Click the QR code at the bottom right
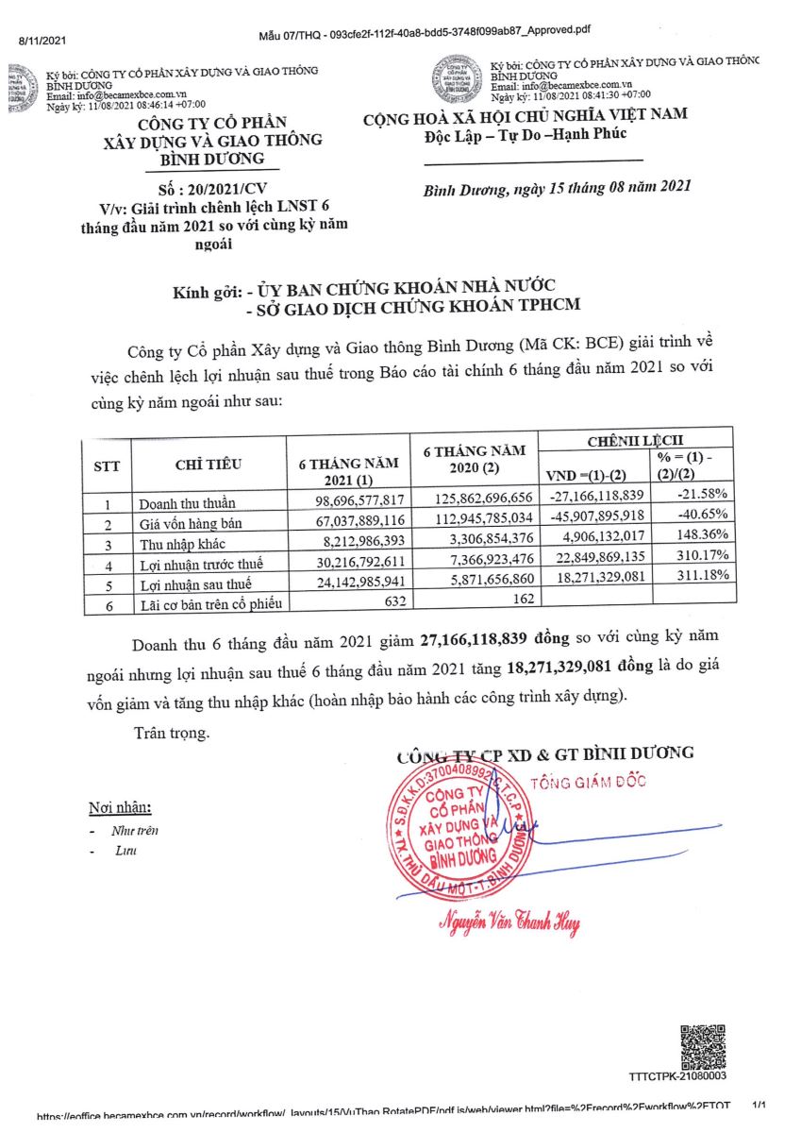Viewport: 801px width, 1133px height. coord(702,1044)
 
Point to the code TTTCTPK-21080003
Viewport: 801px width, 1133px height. coord(676,1076)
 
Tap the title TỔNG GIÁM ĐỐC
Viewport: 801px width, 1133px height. coord(582,783)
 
